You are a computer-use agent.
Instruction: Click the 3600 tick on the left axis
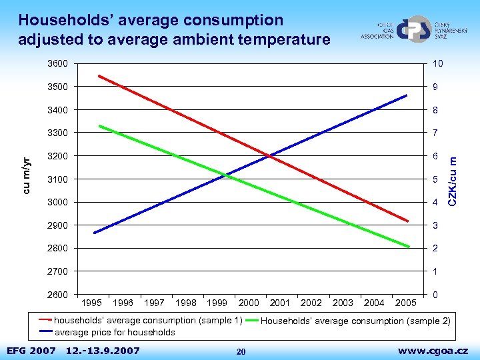pyautogui.click(x=57, y=64)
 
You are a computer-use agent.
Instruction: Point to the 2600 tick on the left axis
pyautogui.click(x=57, y=295)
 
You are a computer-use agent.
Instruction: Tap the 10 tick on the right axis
pyautogui.click(x=437, y=64)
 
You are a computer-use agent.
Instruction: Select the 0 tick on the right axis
pyautogui.click(x=434, y=295)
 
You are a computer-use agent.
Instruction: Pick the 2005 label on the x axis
pyautogui.click(x=405, y=303)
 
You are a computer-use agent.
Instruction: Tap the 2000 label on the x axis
pyautogui.click(x=249, y=303)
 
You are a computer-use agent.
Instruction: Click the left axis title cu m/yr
pyautogui.click(x=25, y=175)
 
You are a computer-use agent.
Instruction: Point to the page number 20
pyautogui.click(x=241, y=351)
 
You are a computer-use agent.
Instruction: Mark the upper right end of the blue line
pyautogui.click(x=406, y=95)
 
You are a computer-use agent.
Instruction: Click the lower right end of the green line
pyautogui.click(x=409, y=247)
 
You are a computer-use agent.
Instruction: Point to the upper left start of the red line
pyautogui.click(x=99, y=76)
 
